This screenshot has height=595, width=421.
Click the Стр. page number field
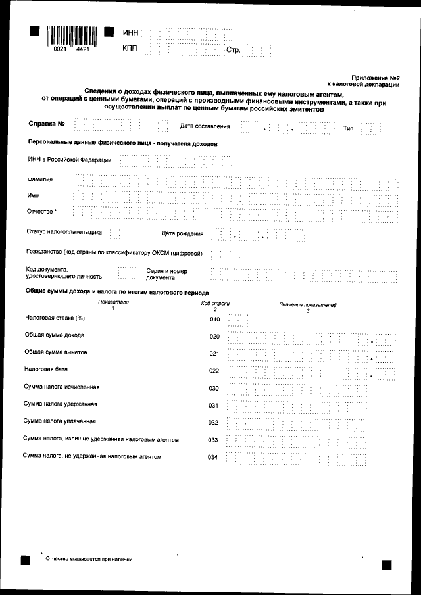pyautogui.click(x=257, y=50)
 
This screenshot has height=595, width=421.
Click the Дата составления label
pyautogui.click(x=205, y=126)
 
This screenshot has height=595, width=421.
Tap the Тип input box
pyautogui.click(x=371, y=128)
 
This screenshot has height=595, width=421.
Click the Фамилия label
pyautogui.click(x=39, y=179)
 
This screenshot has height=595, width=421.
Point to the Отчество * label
pyautogui.click(x=41, y=212)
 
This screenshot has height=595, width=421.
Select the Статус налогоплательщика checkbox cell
pyautogui.click(x=114, y=233)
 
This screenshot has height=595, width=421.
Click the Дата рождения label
pyautogui.click(x=182, y=233)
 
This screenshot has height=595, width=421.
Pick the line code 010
pyautogui.click(x=214, y=320)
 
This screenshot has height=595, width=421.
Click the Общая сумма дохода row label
pyautogui.click(x=54, y=335)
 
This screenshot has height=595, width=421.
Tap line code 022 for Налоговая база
pyautogui.click(x=214, y=371)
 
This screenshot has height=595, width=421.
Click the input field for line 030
pyautogui.click(x=296, y=389)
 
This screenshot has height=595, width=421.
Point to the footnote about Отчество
pyautogui.click(x=89, y=559)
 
